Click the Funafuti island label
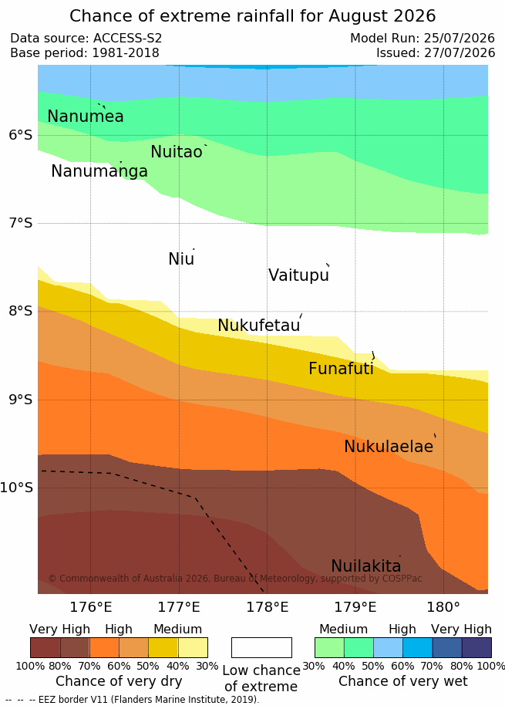pos(341,368)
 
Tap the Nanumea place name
pos(86,116)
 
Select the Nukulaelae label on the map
pos(389,446)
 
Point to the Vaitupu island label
pos(298,275)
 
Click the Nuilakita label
pos(366,566)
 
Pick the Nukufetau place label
pos(259,325)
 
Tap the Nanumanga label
pos(99,171)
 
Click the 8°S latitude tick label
pos(21,311)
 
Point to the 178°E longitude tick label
pos(267,607)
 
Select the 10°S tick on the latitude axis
pos(17,488)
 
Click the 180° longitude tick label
pos(443,607)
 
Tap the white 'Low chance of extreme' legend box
pos(261,647)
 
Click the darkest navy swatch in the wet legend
pos(476,647)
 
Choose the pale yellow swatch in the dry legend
pos(193,647)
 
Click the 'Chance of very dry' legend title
pos(119,681)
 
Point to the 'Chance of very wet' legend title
pos(403,681)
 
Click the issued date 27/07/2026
pos(460,53)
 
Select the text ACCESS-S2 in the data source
pos(127,38)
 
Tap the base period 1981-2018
pos(126,53)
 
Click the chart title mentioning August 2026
pos(253,16)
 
